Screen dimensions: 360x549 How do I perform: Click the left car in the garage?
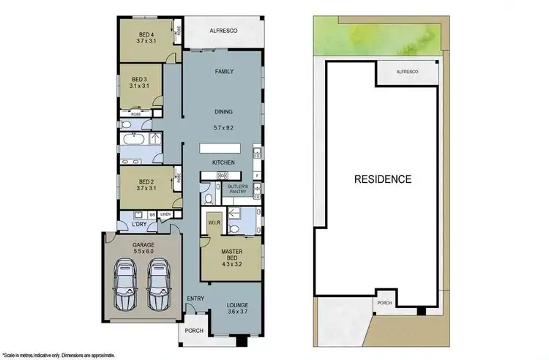tap(126, 287)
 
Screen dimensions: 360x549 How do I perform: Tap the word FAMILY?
tap(224, 72)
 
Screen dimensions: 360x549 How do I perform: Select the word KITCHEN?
tap(223, 161)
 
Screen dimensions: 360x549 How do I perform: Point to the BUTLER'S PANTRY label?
tap(238, 190)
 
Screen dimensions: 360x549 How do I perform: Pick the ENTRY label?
tap(195, 298)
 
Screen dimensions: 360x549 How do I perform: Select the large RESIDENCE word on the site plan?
tap(383, 179)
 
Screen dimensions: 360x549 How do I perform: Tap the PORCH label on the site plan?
tap(384, 302)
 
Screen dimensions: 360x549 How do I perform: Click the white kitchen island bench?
tap(224, 148)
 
